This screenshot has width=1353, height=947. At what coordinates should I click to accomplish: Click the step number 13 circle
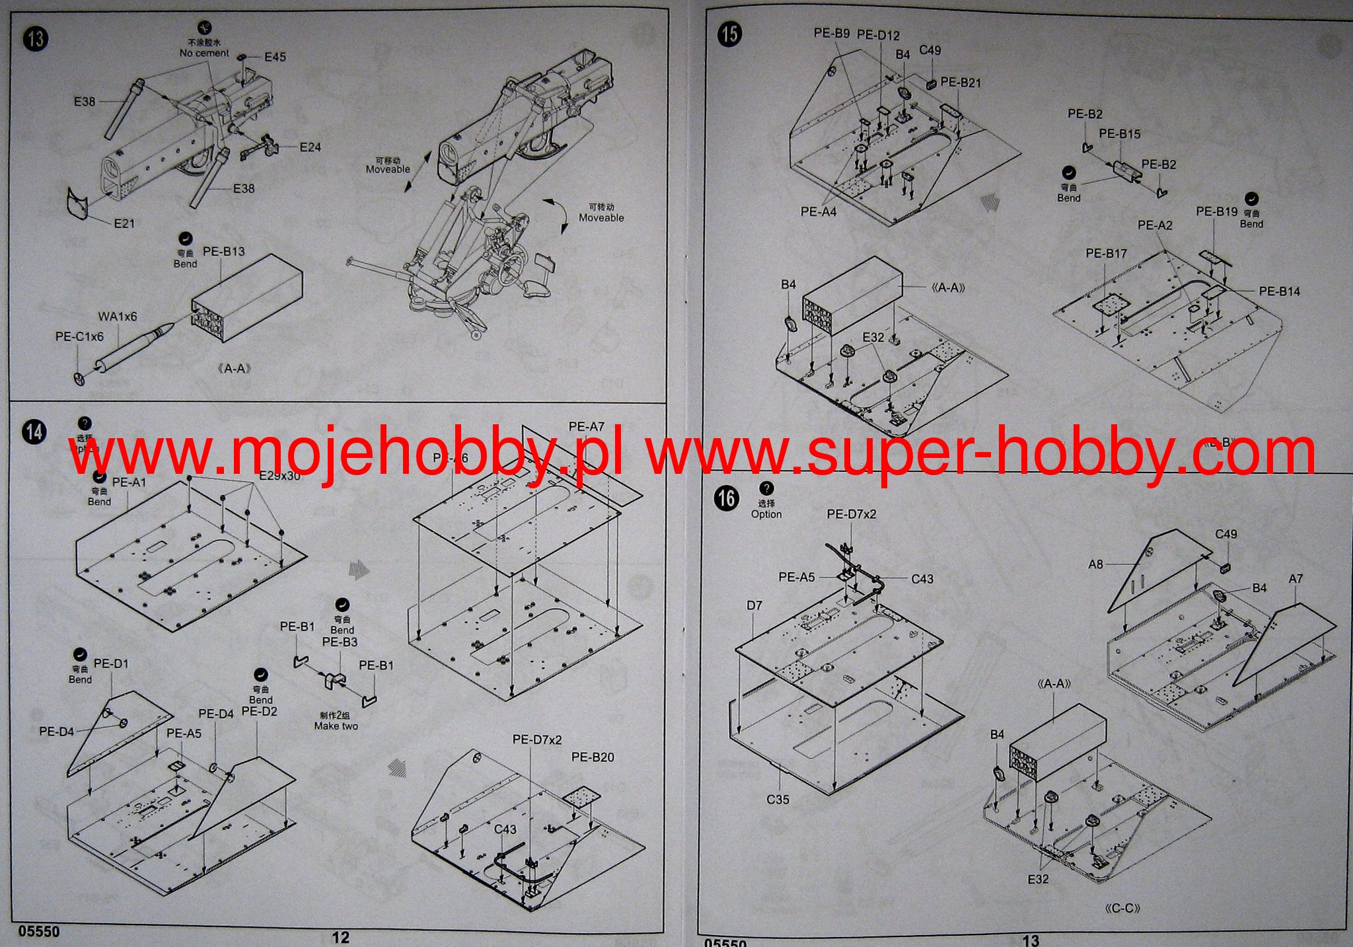(35, 39)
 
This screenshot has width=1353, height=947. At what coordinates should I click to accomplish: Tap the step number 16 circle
(727, 498)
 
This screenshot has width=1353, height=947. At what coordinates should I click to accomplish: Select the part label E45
(275, 57)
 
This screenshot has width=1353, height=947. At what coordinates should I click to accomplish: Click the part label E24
(310, 147)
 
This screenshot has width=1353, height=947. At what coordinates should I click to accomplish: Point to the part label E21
(124, 223)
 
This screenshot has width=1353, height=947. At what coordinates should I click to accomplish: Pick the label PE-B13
(223, 251)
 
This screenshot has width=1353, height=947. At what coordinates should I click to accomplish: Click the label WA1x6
(118, 317)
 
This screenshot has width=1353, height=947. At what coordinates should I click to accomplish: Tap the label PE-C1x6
(79, 336)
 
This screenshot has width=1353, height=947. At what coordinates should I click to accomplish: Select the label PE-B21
(961, 83)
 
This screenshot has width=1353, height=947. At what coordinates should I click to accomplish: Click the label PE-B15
(1120, 133)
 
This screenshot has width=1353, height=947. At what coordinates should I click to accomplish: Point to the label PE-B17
(1106, 253)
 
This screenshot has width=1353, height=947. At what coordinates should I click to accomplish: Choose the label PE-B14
(1279, 291)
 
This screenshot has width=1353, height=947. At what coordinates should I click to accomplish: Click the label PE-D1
(111, 663)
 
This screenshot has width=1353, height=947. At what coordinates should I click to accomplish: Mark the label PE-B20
(593, 757)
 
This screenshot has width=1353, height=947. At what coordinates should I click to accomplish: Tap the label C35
(778, 799)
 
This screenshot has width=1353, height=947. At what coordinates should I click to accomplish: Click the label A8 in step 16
(1095, 564)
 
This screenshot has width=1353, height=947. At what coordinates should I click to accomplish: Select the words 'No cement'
(204, 53)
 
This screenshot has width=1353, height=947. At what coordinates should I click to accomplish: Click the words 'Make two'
(336, 726)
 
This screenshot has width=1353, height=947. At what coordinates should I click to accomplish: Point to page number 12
(340, 937)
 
